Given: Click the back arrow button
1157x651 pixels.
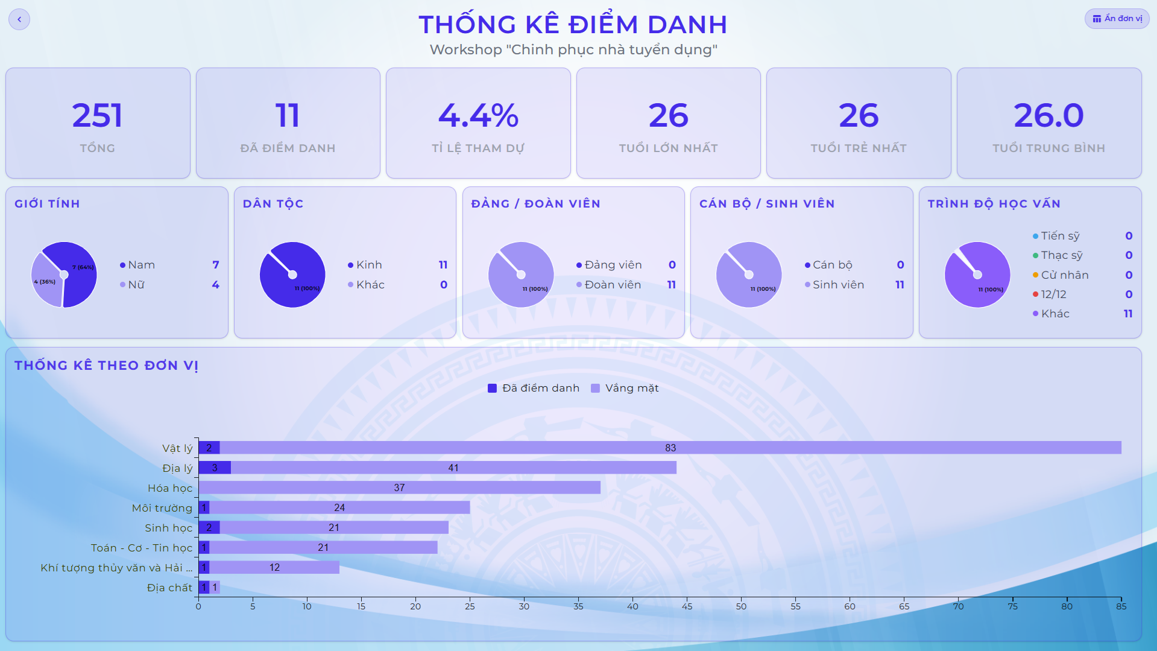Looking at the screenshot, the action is coord(19,19).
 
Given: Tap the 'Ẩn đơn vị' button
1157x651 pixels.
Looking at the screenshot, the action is coord(1117,19).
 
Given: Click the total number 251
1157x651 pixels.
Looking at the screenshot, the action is coord(97,115).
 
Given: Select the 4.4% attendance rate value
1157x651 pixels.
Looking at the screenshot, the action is coord(478,115).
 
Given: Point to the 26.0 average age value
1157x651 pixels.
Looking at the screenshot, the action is coord(1048,115).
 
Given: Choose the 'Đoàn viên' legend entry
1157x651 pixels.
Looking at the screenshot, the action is coord(609,285).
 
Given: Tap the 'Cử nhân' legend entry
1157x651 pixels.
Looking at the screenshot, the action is coord(1061,275).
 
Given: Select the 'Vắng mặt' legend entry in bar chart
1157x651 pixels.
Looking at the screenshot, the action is coord(625,388).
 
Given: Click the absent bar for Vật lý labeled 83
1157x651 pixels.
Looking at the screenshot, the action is coord(670,448).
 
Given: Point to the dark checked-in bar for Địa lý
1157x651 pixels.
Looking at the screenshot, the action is coord(215,468).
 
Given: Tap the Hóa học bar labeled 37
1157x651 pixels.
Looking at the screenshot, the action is coord(400,487).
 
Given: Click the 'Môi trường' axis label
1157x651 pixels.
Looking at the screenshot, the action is coord(162,508).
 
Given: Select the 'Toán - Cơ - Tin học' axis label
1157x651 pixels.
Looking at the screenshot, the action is coord(142,548).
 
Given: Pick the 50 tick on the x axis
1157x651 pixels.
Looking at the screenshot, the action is coord(741,606).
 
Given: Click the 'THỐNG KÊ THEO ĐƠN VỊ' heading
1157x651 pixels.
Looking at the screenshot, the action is coord(106,366).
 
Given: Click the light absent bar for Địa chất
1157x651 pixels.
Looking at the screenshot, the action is coord(215,587).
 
